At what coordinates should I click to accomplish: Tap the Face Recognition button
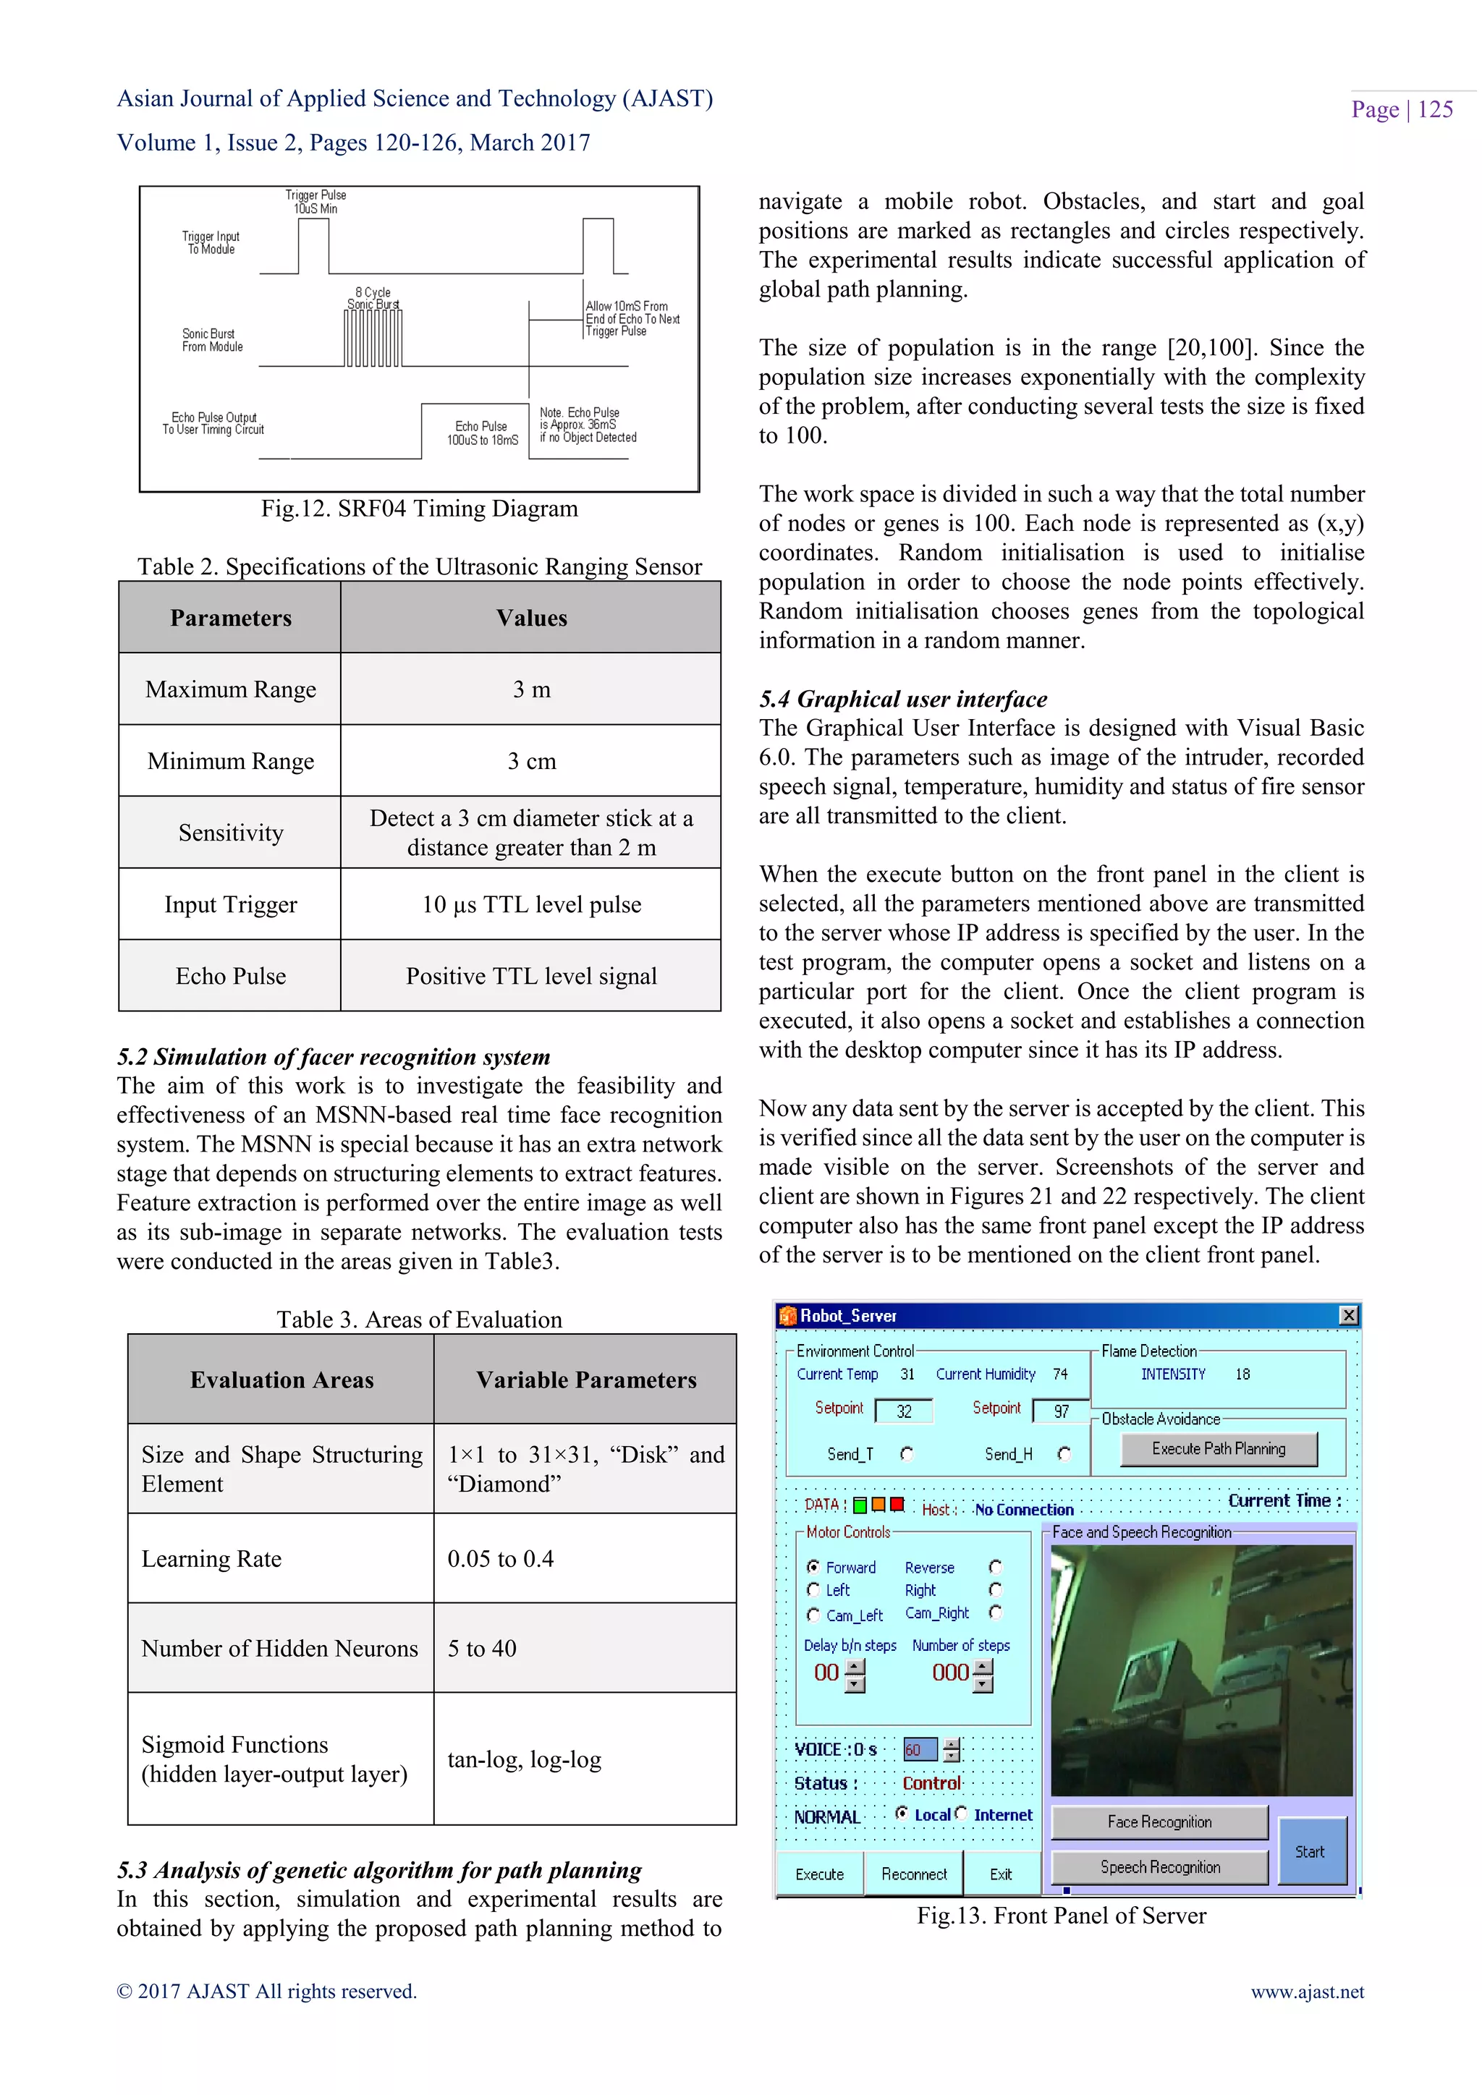1159,1822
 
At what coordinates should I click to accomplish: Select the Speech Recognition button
1159,1867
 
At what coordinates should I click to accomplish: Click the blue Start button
1310,1851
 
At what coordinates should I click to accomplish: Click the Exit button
1000,1874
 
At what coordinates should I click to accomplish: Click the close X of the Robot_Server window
1348,1315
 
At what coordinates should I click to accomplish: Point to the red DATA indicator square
897,1505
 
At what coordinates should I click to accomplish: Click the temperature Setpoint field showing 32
903,1411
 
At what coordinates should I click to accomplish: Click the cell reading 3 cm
531,761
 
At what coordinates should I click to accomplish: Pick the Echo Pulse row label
230,977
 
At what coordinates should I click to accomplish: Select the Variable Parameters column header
586,1380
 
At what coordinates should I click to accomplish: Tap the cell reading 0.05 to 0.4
500,1558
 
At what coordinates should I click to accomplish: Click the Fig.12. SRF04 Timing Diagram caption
419,509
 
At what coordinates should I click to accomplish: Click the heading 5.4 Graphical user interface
902,699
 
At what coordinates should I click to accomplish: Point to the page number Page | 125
1402,109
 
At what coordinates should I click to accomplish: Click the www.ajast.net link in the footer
1307,1992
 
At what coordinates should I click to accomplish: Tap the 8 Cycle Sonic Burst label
373,298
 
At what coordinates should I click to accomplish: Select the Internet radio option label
1002,1815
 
